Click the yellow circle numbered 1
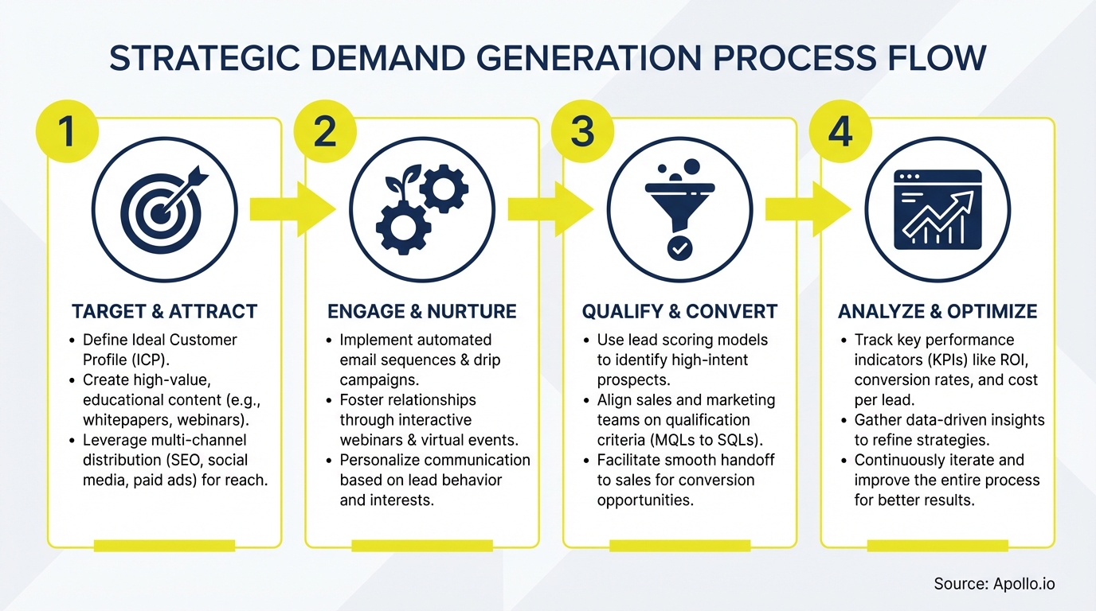click(66, 130)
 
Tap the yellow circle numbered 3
click(582, 130)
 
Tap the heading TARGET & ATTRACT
click(164, 311)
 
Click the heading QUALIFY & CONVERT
click(679, 311)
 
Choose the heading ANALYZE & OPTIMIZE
click(937, 311)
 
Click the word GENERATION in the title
click(558, 60)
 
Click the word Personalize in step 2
click(379, 460)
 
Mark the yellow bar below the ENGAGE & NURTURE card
click(422, 546)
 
